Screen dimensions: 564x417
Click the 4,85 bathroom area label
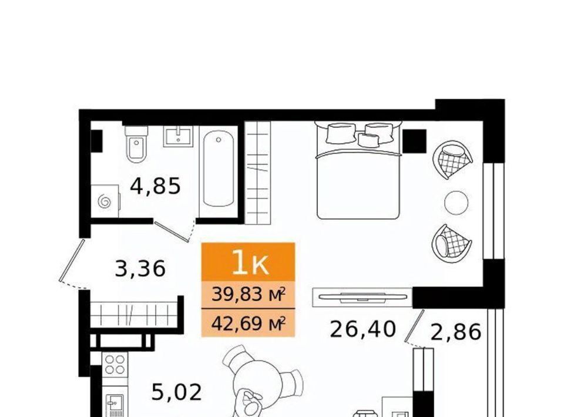click(x=155, y=186)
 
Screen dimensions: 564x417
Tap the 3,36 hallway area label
click(x=140, y=268)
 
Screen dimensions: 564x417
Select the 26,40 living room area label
click(x=362, y=329)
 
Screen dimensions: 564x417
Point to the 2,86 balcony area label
click(x=456, y=332)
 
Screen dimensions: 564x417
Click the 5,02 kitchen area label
click(x=177, y=392)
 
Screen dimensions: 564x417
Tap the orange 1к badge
click(x=248, y=262)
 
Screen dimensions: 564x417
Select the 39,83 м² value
click(x=248, y=294)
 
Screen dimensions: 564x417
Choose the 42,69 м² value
click(x=248, y=324)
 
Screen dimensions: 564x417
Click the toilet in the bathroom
click(x=136, y=144)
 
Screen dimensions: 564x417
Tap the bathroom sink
click(x=177, y=136)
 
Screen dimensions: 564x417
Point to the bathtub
click(x=219, y=169)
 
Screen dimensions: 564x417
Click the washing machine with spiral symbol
click(x=105, y=201)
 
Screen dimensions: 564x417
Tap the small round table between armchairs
click(x=456, y=203)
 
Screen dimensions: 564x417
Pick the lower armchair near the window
click(x=452, y=244)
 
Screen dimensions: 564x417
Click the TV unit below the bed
click(x=362, y=297)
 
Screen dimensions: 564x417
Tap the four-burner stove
click(x=115, y=365)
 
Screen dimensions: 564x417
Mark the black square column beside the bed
click(x=414, y=142)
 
